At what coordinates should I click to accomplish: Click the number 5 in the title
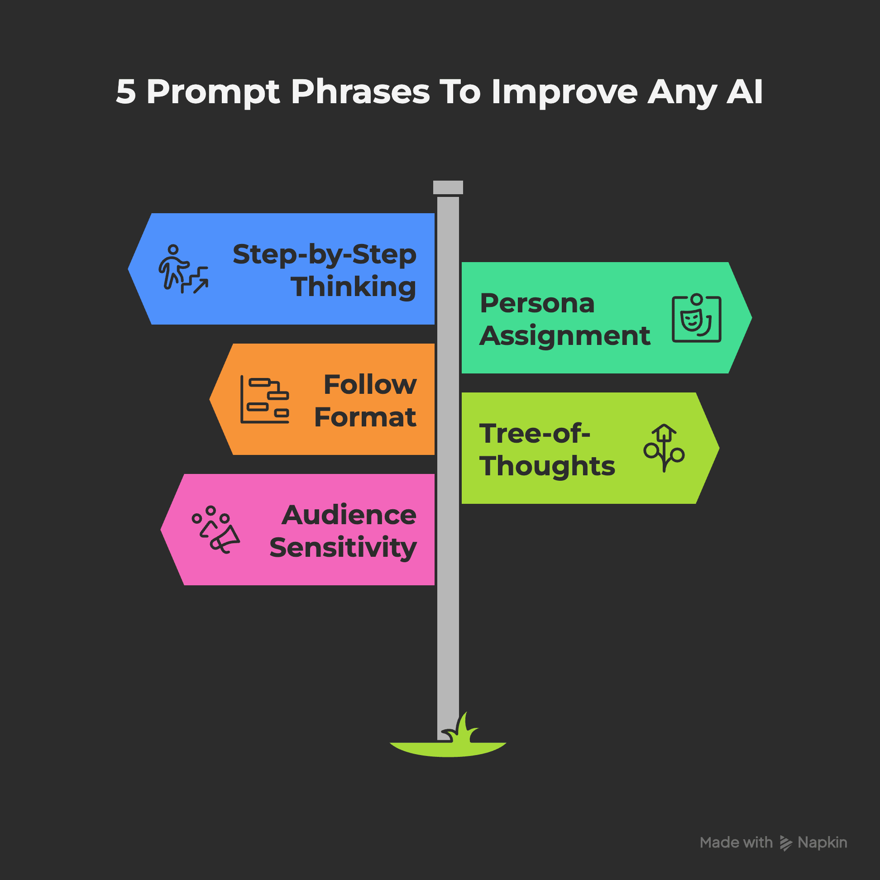coord(126,91)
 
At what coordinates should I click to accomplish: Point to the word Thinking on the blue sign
coord(353,287)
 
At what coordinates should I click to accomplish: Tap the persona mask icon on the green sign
coord(696,318)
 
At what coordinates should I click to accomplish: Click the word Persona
coord(537,303)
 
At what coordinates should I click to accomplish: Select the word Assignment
coord(565,336)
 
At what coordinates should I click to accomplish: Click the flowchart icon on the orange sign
coord(265,399)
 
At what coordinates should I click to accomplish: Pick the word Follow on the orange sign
coord(370,384)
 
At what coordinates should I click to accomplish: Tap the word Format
coord(365,417)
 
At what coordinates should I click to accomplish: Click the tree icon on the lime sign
coord(664,448)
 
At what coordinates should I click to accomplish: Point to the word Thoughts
coord(547,466)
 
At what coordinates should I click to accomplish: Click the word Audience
coord(349,515)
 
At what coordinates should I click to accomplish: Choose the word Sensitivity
coord(343,548)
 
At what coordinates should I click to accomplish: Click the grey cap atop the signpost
coord(448,187)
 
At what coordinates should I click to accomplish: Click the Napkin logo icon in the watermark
coord(786,843)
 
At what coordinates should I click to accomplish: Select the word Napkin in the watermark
coord(822,842)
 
